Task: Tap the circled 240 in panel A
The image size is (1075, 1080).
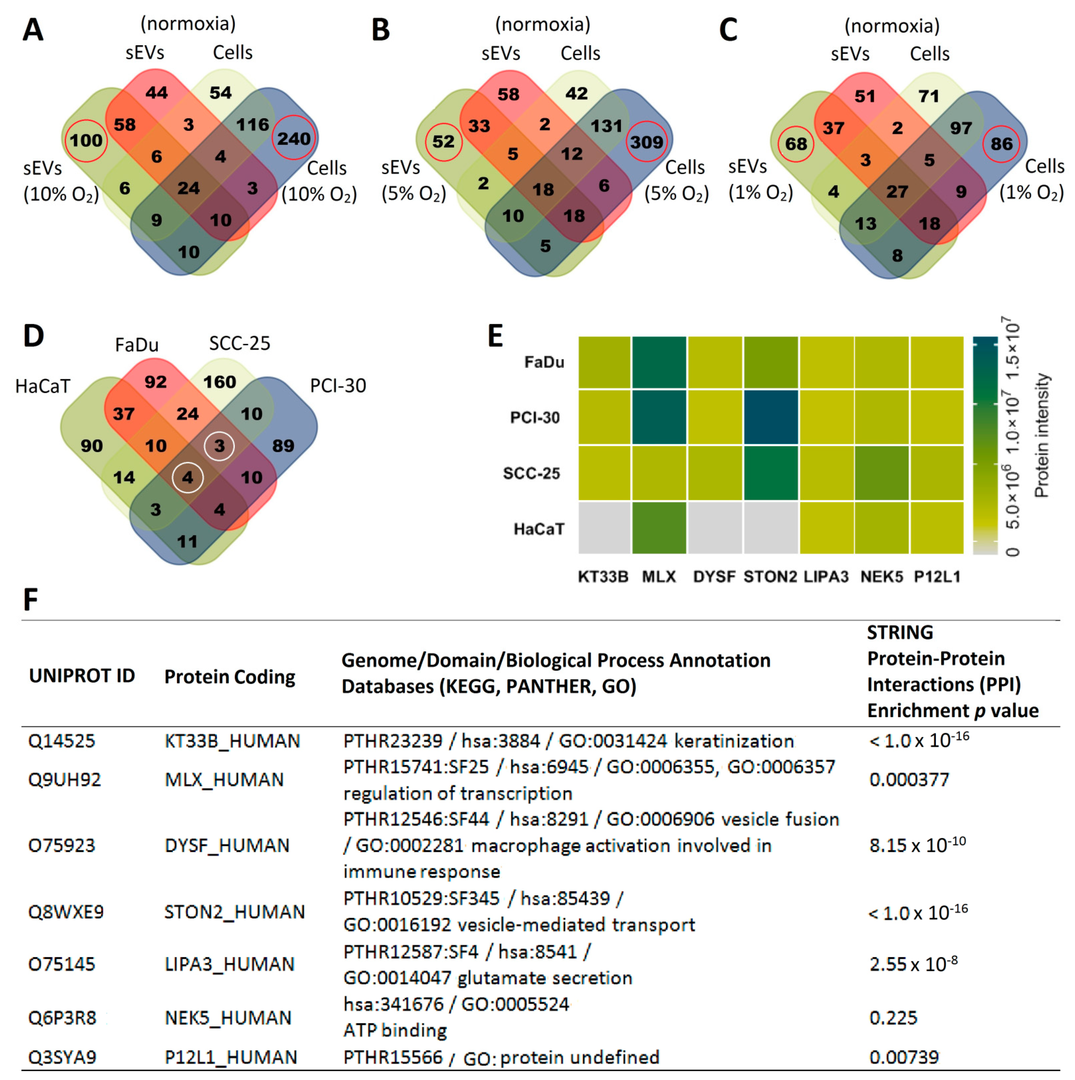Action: click(x=294, y=138)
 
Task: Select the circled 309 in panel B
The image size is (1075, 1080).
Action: click(x=646, y=142)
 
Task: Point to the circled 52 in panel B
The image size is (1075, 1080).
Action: click(x=443, y=141)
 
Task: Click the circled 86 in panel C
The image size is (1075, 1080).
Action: click(x=1001, y=144)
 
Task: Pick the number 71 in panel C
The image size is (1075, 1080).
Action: click(x=929, y=96)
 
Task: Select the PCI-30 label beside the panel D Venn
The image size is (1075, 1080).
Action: click(x=338, y=386)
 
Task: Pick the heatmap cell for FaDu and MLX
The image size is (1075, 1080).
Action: click(x=659, y=362)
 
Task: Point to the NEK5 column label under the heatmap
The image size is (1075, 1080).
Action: click(x=882, y=576)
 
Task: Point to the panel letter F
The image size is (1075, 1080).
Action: click(x=31, y=600)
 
